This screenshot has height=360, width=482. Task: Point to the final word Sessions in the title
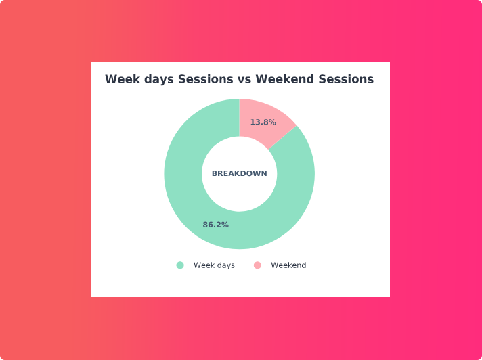tap(346, 79)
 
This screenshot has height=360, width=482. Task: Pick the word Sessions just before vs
tap(205, 79)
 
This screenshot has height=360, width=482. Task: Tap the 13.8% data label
tap(263, 122)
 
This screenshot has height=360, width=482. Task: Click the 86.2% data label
tap(215, 225)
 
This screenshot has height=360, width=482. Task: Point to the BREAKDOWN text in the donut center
tap(240, 173)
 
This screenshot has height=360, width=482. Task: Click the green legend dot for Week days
tap(180, 265)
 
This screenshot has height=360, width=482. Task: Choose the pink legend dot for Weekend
tap(258, 265)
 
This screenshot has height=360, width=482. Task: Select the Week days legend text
tap(214, 265)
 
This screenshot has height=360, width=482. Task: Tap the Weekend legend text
tap(288, 265)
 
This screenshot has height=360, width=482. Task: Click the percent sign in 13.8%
tap(273, 122)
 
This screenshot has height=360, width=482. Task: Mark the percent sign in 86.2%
tap(225, 225)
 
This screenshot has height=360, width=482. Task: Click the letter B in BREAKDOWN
tap(215, 173)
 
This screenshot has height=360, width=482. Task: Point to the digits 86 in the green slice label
tap(208, 225)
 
